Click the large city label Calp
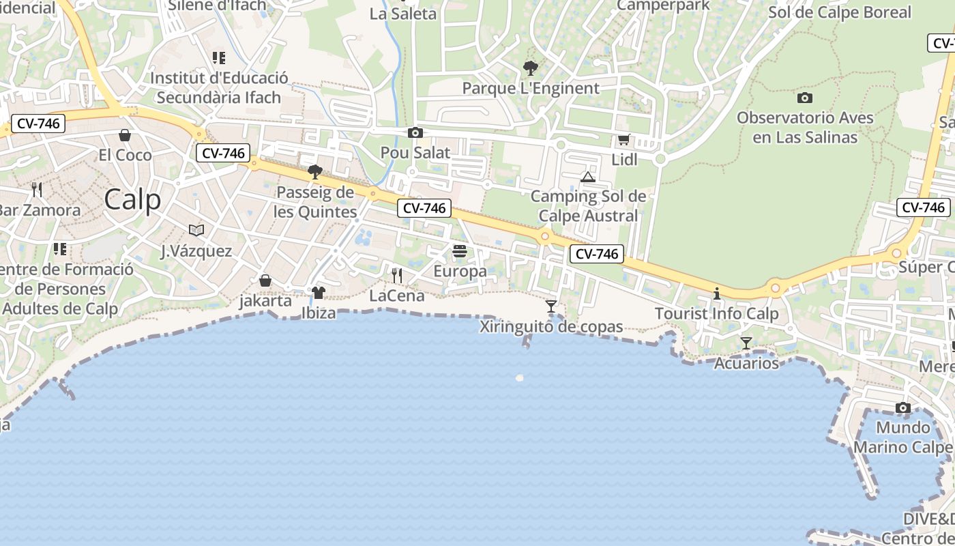pos(133,199)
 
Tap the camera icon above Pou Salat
pos(415,132)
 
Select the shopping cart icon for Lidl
pos(623,140)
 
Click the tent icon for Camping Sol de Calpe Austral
pos(588,177)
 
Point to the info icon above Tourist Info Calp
pos(717,294)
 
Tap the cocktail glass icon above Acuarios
pos(746,343)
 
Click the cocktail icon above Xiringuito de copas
pos(551,306)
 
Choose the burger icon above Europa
pos(460,251)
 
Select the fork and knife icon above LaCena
pos(397,275)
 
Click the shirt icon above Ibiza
pos(318,293)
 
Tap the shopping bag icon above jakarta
pos(265,281)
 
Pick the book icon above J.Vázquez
pos(196,231)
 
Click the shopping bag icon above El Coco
pos(125,135)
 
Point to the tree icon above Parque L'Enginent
pos(530,68)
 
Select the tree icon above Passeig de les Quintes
pos(314,172)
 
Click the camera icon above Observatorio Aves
pos(805,98)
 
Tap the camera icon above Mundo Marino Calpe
pos(903,408)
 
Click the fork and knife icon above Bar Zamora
pos(37,189)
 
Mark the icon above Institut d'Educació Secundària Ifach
pos(219,58)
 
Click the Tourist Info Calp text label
pos(716,314)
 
